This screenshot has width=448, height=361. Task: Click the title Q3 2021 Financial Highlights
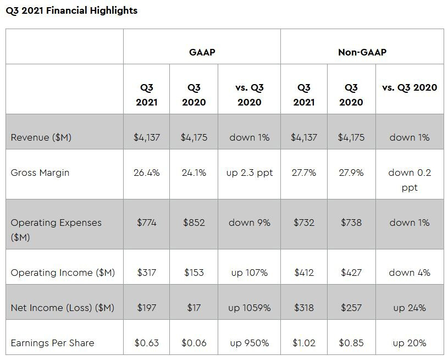point(71,10)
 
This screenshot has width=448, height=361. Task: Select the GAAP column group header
point(202,52)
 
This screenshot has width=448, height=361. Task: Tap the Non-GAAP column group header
point(362,52)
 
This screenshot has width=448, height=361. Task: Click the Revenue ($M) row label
point(41,137)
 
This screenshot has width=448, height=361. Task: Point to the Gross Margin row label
point(40,173)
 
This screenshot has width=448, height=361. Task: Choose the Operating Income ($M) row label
point(63,273)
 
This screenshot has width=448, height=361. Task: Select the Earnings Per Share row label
point(52,343)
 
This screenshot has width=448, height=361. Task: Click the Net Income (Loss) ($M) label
point(63,308)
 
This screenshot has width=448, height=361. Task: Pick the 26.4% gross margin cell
point(146,173)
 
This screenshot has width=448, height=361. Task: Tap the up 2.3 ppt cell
point(249,173)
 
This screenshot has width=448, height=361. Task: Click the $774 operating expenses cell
point(146,223)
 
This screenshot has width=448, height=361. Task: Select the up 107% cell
point(249,273)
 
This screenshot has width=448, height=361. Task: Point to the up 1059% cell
point(249,308)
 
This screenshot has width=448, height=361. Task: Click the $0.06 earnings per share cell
point(193,343)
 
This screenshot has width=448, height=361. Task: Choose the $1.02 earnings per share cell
point(303,343)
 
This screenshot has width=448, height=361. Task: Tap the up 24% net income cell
point(410,308)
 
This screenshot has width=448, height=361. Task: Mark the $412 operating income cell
point(303,273)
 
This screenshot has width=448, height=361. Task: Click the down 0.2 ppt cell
point(410,180)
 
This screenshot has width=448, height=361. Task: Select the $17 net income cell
point(193,308)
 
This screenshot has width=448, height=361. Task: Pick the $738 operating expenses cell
point(351,223)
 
